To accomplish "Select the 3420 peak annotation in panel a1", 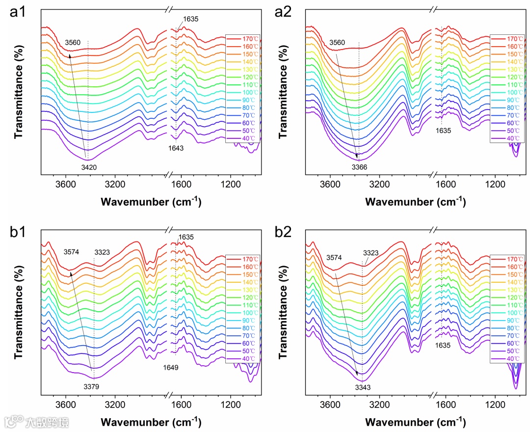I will (x=89, y=167).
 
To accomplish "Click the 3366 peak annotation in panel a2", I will (x=359, y=167).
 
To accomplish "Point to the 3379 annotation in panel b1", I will (x=91, y=386).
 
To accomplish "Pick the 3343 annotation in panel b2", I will (x=363, y=387).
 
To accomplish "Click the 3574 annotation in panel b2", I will (x=335, y=257).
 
